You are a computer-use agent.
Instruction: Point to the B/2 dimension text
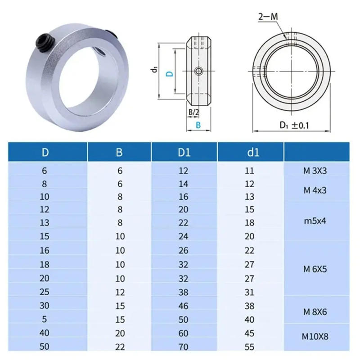coord(193,111)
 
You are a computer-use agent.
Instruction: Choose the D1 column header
coord(184,152)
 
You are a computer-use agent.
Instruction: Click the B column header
coord(119,152)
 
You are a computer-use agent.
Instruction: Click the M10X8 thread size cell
coord(315,336)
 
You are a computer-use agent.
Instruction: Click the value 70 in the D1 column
coord(184,347)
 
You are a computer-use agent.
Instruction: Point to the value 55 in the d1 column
coord(249,347)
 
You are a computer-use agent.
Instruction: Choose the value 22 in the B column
coord(119,347)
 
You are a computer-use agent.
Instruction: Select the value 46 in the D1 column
coord(184,306)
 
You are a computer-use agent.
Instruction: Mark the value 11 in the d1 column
coord(249,171)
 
